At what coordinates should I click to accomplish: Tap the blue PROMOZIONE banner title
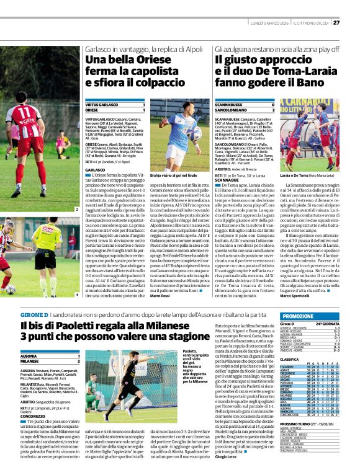303,316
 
